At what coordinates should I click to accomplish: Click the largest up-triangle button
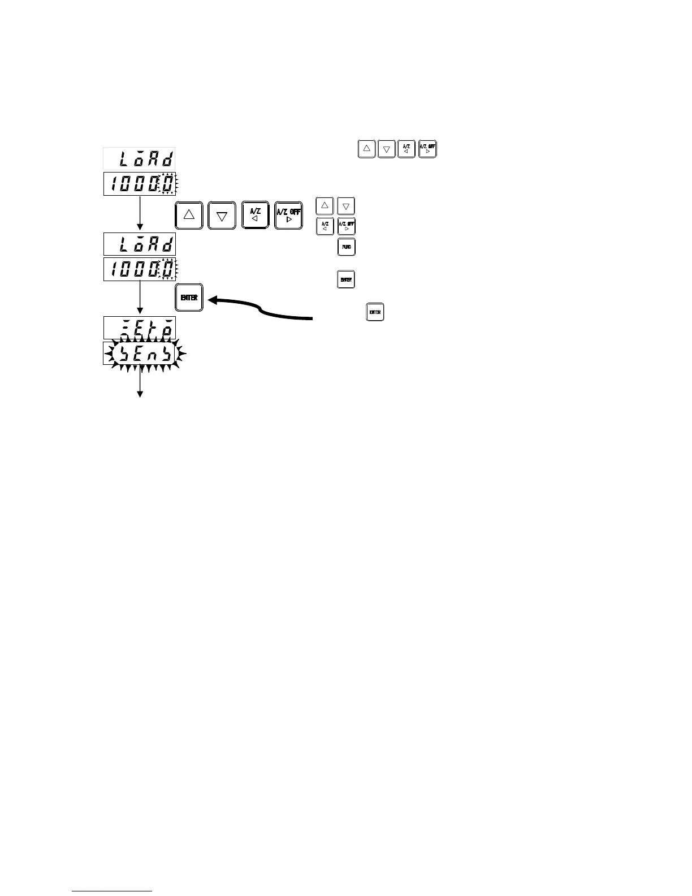189,215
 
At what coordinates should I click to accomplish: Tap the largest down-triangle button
222,215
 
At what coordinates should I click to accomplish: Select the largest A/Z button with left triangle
255,215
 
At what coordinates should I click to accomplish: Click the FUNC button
347,247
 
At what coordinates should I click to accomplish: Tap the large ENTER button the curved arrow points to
189,298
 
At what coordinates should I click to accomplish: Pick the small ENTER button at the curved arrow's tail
375,312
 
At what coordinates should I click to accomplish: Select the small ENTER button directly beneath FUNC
346,279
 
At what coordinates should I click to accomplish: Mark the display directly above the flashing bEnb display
140,328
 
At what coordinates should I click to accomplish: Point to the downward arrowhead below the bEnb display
139,394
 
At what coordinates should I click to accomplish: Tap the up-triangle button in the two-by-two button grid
325,206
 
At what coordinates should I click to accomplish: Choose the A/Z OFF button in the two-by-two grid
347,226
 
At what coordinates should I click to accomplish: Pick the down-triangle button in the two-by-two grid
347,206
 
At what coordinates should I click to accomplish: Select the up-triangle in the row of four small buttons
366,149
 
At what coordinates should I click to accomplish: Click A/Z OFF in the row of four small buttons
427,149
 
